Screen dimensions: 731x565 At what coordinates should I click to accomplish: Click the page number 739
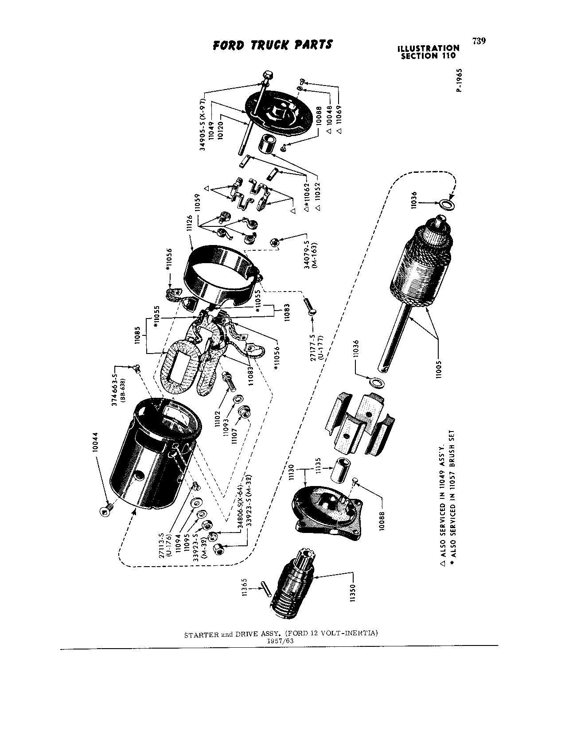click(479, 41)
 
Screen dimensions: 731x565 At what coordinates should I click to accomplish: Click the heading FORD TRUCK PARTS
click(273, 45)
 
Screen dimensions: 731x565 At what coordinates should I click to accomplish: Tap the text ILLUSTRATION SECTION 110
click(428, 52)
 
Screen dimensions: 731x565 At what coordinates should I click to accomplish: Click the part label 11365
click(245, 588)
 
